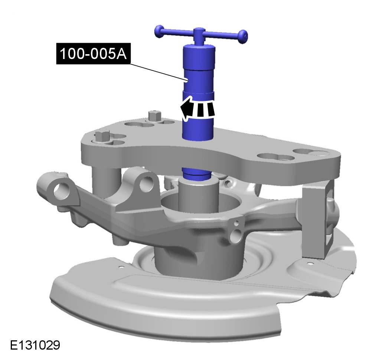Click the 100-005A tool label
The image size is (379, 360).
pyautogui.click(x=93, y=53)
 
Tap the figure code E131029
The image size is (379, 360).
pyautogui.click(x=35, y=345)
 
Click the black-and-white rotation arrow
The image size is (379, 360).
pyautogui.click(x=197, y=108)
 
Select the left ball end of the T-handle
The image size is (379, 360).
pyautogui.click(x=159, y=31)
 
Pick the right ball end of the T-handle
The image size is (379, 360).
pyautogui.click(x=243, y=37)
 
